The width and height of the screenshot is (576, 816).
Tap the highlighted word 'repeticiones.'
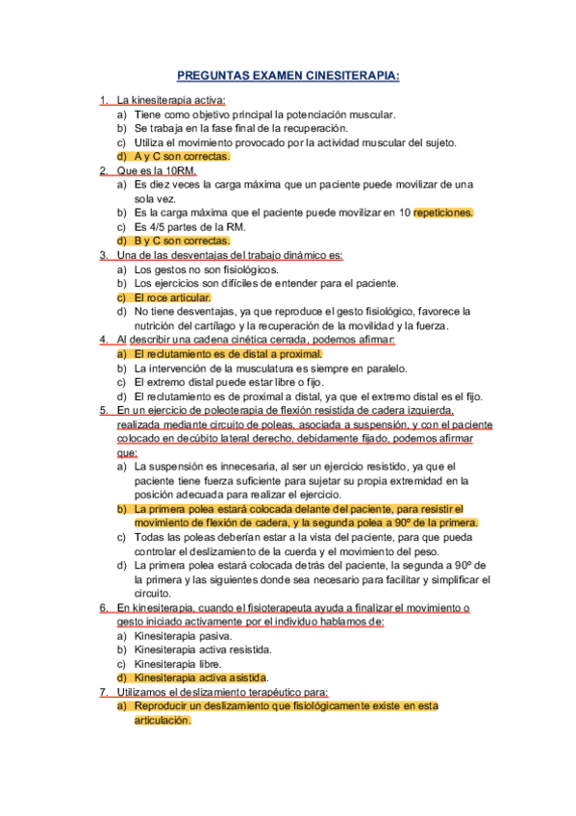[443, 213]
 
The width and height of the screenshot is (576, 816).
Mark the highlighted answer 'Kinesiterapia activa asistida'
[200, 678]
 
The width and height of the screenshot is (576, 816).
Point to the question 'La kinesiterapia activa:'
[170, 99]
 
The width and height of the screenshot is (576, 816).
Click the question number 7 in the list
[104, 692]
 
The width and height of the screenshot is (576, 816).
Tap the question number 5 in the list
[104, 410]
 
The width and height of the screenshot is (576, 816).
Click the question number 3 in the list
[104, 255]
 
